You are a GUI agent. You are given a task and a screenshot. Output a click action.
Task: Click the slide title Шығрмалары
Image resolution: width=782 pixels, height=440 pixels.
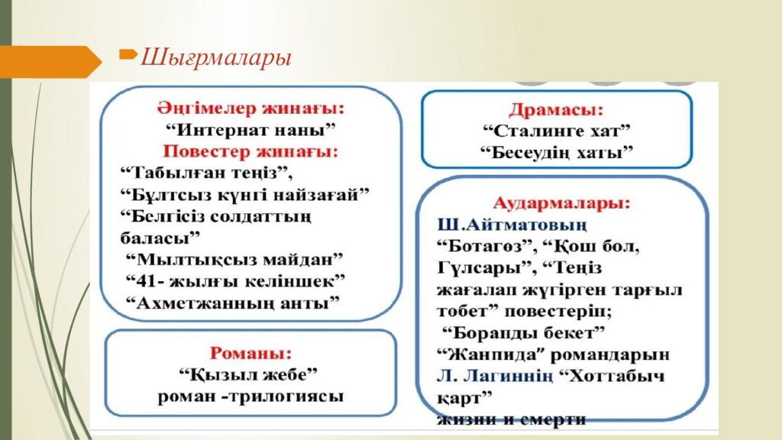click(217, 58)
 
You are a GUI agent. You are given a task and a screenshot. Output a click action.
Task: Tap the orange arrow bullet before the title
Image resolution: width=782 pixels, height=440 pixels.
click(128, 54)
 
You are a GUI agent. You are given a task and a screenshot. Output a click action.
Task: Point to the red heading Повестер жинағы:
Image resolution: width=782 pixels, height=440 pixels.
click(250, 150)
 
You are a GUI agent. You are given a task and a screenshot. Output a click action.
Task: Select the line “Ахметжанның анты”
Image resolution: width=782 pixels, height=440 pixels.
click(232, 302)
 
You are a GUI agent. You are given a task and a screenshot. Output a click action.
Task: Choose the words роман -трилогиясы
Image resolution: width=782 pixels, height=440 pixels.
click(250, 396)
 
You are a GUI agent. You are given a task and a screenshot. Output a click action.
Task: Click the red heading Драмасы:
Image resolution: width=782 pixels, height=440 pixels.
click(556, 109)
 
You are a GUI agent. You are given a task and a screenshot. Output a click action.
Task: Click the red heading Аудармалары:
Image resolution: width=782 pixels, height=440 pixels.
click(562, 204)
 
